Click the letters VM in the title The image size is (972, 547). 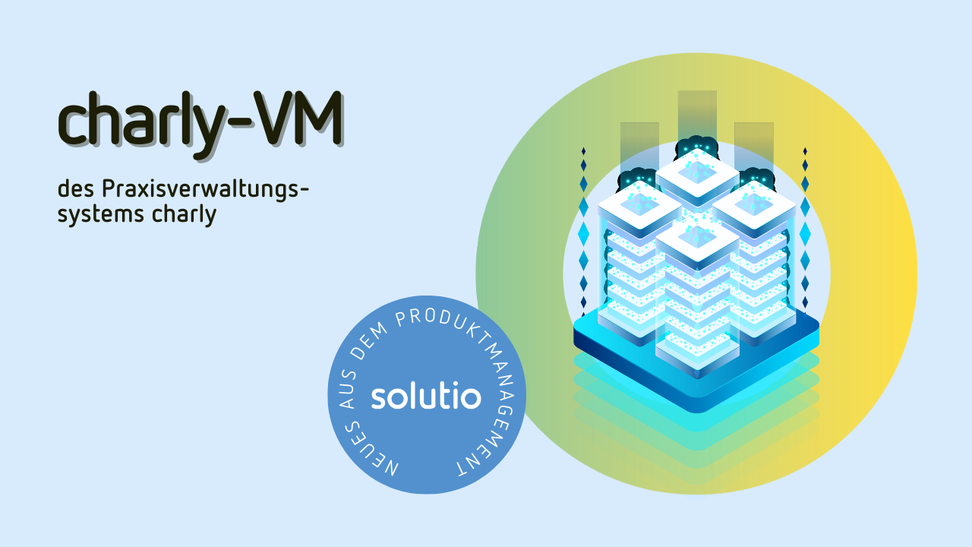point(298,118)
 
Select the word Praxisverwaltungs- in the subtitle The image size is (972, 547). point(205,190)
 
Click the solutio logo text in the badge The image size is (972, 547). point(426,397)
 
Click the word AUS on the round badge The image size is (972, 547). point(348,390)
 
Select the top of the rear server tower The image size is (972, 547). point(697,172)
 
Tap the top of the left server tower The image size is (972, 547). point(639,205)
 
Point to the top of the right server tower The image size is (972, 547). point(755,205)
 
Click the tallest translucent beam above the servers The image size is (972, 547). point(697,117)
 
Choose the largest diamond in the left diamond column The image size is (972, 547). point(584,233)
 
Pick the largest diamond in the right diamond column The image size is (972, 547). point(805,233)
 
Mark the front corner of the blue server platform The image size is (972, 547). point(697,412)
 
